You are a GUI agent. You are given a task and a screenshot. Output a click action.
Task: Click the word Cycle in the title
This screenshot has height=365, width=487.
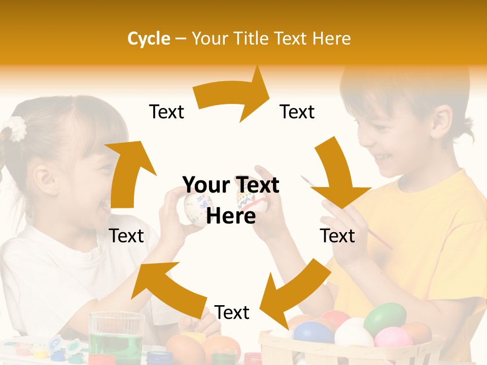149,39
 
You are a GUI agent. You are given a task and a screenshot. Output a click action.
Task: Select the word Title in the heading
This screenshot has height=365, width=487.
252,39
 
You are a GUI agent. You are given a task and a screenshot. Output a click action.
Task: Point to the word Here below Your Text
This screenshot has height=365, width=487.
231,216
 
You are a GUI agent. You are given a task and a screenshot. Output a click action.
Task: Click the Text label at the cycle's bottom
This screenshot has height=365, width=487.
232,313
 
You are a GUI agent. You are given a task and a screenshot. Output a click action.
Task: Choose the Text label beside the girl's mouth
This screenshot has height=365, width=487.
127,236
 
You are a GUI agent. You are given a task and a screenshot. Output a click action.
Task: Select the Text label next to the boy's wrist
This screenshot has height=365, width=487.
337,236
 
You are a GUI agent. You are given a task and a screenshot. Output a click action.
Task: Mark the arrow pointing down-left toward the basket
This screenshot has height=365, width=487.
294,294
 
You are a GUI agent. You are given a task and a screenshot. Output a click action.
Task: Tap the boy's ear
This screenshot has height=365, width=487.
441,124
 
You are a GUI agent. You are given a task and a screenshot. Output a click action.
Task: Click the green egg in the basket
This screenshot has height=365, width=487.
385,318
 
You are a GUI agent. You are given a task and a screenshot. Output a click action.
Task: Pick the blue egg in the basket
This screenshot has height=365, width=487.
313,333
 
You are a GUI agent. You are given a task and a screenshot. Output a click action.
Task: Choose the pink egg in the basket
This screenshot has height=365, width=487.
393,337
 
